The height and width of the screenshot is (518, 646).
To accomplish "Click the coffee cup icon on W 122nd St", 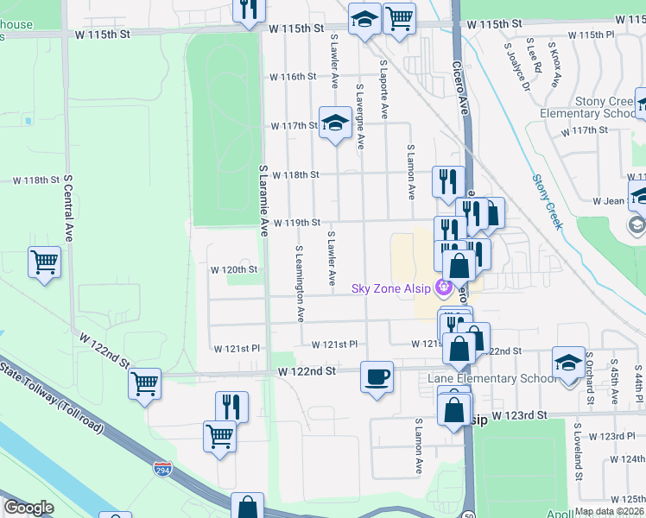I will click(x=377, y=377).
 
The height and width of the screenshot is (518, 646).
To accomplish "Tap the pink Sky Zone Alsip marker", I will click(x=444, y=287).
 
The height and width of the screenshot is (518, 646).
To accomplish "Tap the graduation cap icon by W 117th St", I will click(x=334, y=123).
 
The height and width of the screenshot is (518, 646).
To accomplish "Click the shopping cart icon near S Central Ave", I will click(x=44, y=262).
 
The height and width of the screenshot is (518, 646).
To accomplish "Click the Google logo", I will click(x=28, y=507).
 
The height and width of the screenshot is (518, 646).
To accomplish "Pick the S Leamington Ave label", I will click(x=300, y=283).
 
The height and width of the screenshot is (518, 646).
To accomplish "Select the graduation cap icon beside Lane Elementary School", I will click(x=568, y=363).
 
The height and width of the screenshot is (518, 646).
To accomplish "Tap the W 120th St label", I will click(x=235, y=269).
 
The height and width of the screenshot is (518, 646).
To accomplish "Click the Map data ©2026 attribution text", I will click(x=609, y=511).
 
